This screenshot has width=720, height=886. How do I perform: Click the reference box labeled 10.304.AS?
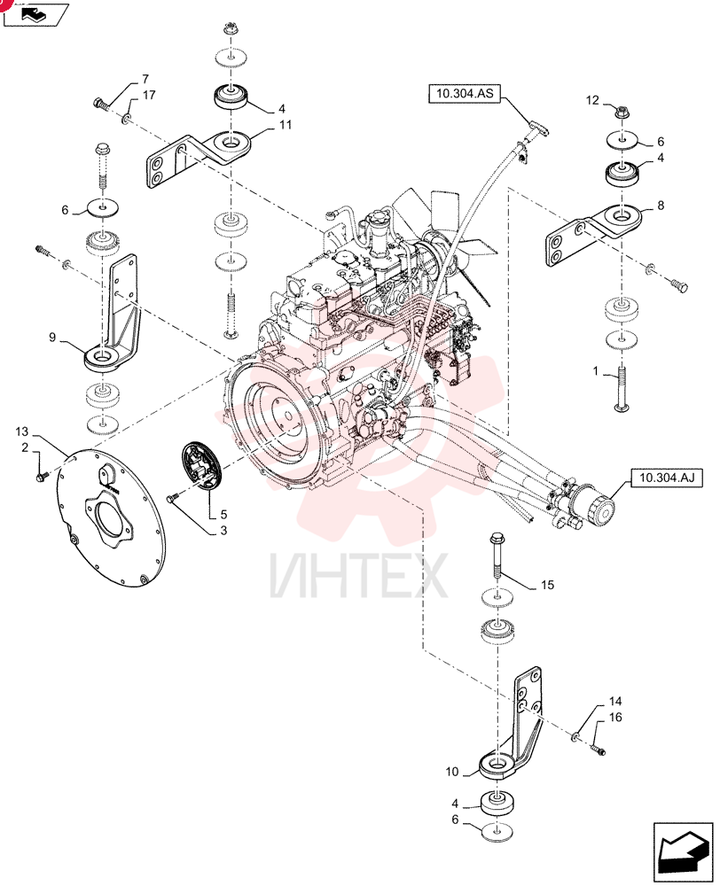coord(465,94)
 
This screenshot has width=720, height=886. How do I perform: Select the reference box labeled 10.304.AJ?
coord(667,478)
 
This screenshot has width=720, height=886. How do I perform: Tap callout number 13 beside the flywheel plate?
coord(21,431)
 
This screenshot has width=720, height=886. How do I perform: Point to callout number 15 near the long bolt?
coord(547,585)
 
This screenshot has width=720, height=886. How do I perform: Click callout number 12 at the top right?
coord(592,101)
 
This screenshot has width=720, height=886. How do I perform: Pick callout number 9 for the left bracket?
coord(52,338)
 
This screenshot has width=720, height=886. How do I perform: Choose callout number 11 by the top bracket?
coord(286,124)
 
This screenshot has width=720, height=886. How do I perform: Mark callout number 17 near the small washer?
coord(149,95)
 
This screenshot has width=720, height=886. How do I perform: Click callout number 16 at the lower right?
coord(615,717)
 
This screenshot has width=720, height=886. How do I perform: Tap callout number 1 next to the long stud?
coord(596,371)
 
